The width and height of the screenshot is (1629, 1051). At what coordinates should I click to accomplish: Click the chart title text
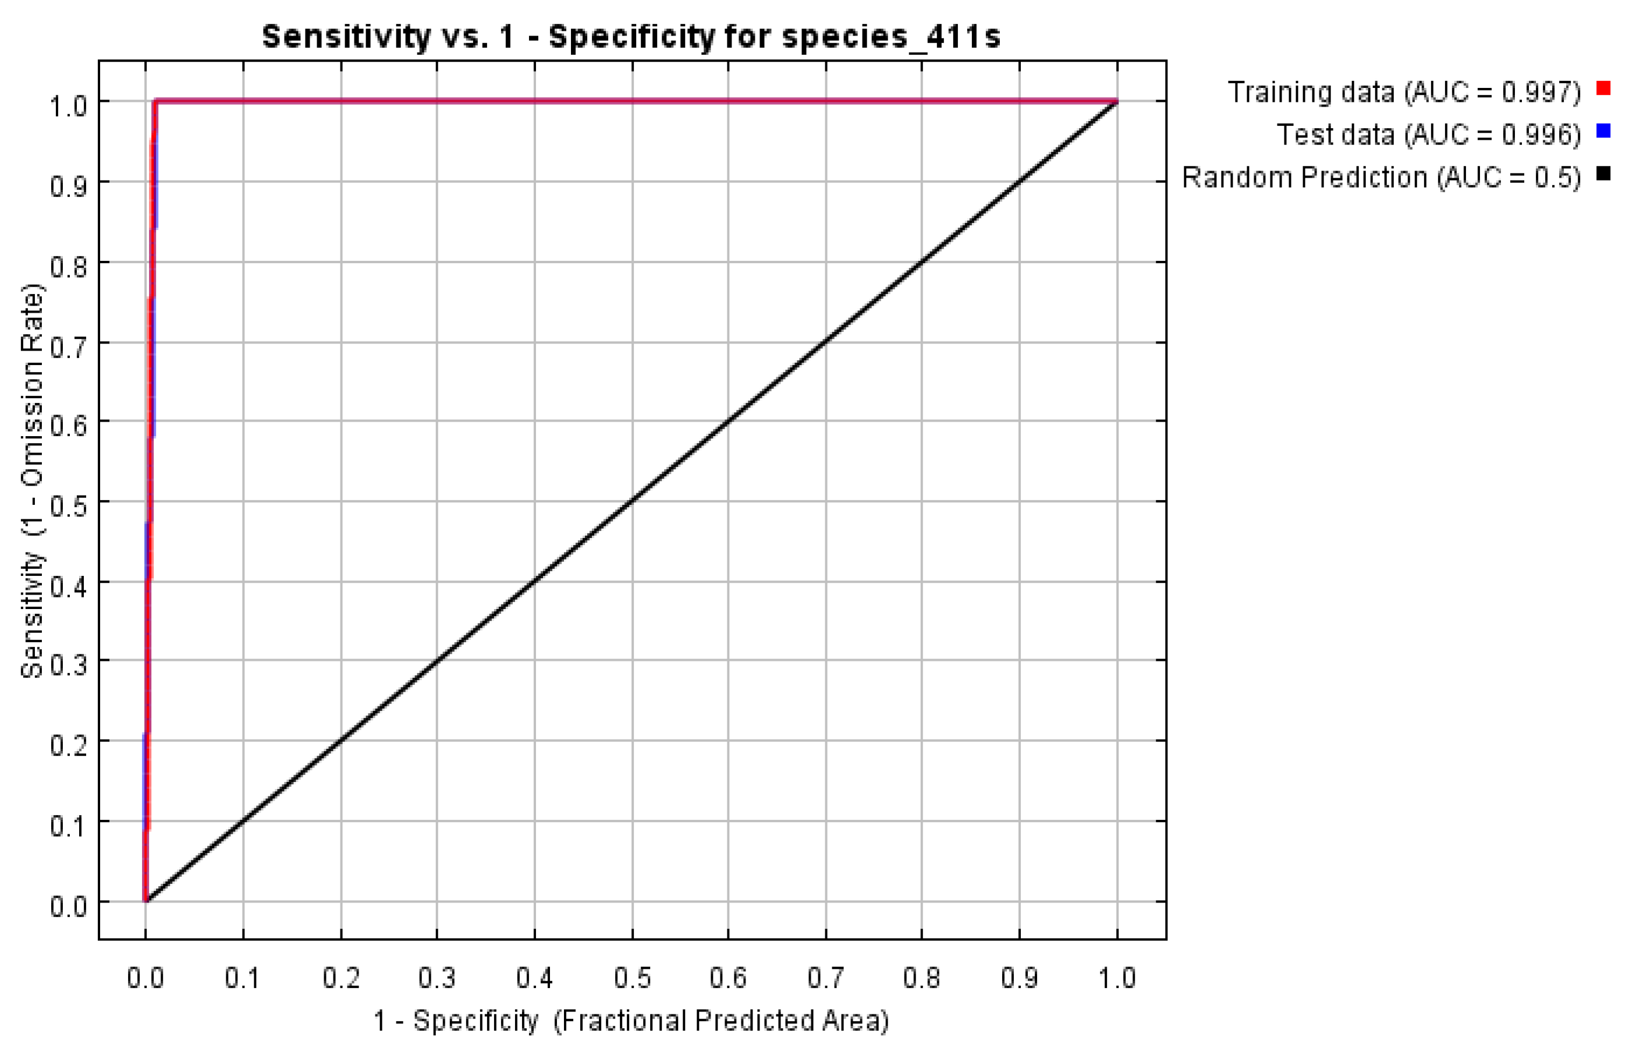[631, 36]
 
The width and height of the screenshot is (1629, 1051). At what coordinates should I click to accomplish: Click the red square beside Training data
[1603, 89]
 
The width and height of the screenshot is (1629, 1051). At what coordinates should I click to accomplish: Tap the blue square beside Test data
[1603, 131]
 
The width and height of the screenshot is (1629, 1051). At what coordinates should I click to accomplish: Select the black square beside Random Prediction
[1603, 174]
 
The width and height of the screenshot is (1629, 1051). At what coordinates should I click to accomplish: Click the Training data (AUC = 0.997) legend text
[1404, 91]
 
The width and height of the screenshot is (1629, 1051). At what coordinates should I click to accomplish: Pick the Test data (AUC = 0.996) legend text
[1428, 135]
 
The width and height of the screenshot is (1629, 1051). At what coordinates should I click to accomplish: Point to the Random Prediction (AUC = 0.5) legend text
[1380, 178]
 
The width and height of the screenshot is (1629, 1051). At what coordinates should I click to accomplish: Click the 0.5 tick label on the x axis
[633, 978]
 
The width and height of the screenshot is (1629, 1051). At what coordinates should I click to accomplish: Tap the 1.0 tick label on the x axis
[1117, 978]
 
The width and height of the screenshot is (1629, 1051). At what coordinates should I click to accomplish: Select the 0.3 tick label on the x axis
[437, 978]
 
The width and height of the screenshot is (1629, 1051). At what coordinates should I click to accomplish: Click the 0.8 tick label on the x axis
[922, 978]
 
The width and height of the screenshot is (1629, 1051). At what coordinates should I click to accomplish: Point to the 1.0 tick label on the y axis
[68, 106]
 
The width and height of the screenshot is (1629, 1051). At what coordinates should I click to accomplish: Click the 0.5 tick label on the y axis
[68, 506]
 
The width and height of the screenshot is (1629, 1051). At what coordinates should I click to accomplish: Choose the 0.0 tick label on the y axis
[68, 907]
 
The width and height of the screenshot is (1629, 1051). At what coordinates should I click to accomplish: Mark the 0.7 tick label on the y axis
[68, 346]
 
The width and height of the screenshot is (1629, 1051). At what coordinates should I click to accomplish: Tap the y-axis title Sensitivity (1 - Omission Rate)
[32, 481]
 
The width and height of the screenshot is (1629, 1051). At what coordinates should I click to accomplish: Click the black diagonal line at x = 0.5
[633, 501]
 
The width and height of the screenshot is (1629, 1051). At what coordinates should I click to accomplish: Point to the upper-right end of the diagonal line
[1116, 102]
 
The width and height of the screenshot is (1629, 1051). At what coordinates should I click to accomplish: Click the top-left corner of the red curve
[156, 102]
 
